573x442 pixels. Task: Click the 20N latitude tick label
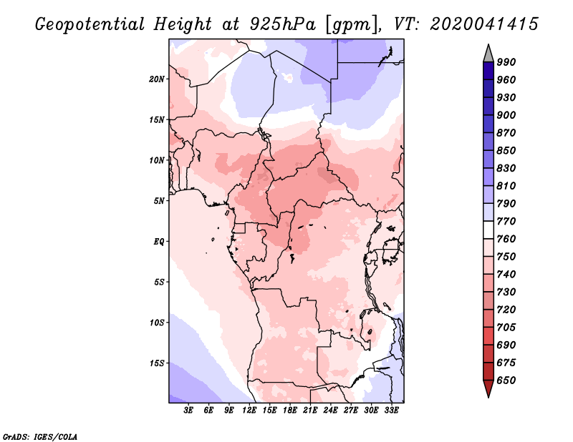coord(156,79)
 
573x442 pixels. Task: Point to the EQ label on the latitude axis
coord(158,241)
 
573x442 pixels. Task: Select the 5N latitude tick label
coord(159,201)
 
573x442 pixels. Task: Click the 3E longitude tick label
coord(188,411)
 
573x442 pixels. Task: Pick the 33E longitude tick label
coord(391,411)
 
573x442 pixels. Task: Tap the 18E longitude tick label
coord(290,411)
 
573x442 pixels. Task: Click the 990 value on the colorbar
coord(506,62)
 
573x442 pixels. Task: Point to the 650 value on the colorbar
coord(506,380)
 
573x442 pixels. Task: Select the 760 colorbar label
coord(506,239)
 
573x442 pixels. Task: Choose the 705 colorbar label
coord(506,327)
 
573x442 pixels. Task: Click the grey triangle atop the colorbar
coord(488,54)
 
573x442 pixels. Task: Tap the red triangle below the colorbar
coord(488,388)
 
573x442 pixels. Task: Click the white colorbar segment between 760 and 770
coord(488,230)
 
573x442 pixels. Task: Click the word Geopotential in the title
coord(90,24)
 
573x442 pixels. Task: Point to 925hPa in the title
coord(283,24)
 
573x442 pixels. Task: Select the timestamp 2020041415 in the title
coord(484,24)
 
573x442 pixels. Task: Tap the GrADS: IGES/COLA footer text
coord(40,437)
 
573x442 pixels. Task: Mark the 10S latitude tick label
coord(156,323)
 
